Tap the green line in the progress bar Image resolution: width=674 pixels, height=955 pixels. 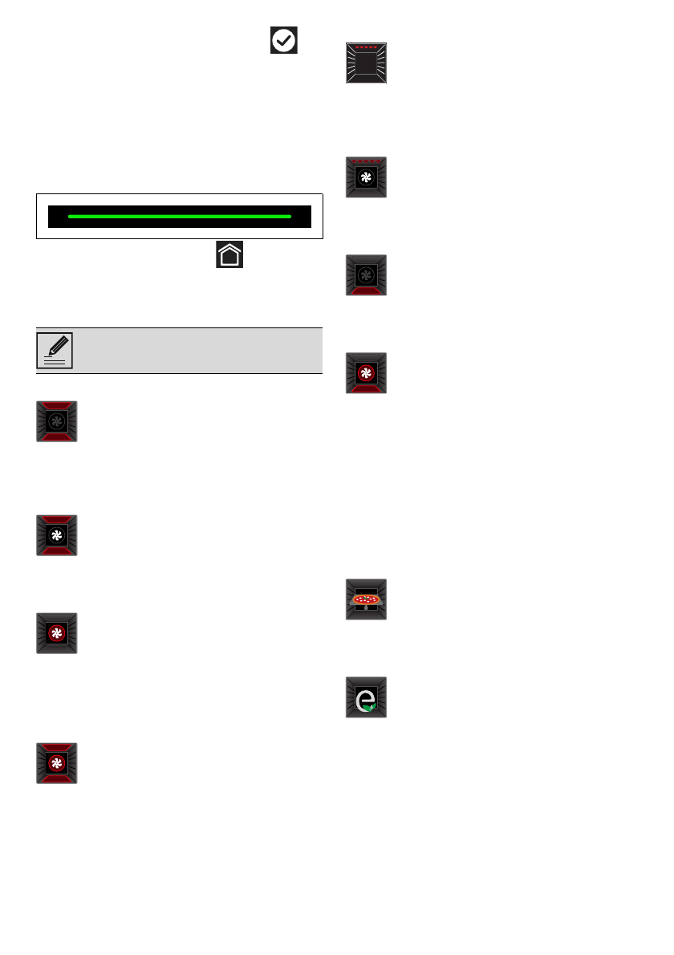coord(180,217)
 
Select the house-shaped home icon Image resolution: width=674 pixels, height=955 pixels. coord(229,256)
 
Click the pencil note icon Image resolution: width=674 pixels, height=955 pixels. coord(55,351)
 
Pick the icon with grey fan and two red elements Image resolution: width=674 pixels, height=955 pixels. coord(57,421)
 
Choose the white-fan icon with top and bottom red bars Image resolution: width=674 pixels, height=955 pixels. coord(57,535)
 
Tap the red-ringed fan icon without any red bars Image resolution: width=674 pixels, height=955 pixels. coord(57,633)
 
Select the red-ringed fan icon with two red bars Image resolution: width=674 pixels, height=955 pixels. coord(57,763)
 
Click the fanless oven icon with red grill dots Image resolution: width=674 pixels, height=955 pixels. coord(367,63)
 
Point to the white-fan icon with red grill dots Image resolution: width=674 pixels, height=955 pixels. coord(367,177)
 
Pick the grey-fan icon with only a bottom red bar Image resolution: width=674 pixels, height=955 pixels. coord(367,275)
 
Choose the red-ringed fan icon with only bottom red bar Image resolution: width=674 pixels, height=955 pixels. coord(367,373)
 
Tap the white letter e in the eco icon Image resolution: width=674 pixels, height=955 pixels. coord(364,697)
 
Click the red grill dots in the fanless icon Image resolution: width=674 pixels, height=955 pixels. coord(367,48)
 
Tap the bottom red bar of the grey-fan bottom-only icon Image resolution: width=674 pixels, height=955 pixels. coord(367,290)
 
